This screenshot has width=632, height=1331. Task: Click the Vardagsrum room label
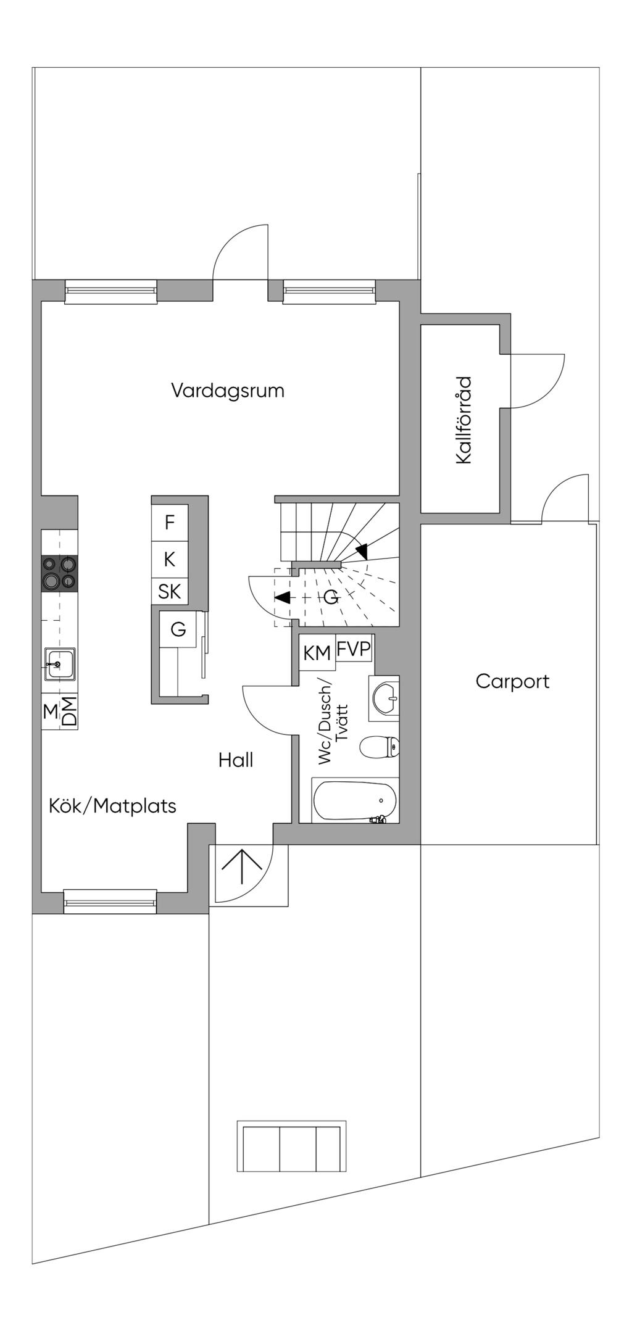click(x=228, y=391)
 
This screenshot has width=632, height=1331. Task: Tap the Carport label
click(x=512, y=681)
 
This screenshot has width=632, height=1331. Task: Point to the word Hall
click(x=236, y=760)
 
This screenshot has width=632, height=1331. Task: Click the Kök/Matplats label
click(x=112, y=806)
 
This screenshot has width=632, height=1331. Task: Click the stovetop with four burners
click(x=60, y=573)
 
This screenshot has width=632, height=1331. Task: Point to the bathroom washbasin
click(x=386, y=698)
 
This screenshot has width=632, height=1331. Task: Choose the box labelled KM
click(x=317, y=653)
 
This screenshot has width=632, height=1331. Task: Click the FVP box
click(x=354, y=650)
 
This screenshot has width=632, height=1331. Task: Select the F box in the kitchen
click(x=170, y=523)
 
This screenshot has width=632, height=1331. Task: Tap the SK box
click(x=170, y=592)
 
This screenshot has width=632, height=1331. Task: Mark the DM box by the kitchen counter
click(x=69, y=711)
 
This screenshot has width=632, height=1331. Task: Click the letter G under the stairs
click(x=331, y=597)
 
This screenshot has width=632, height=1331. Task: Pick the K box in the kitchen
click(x=170, y=560)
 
